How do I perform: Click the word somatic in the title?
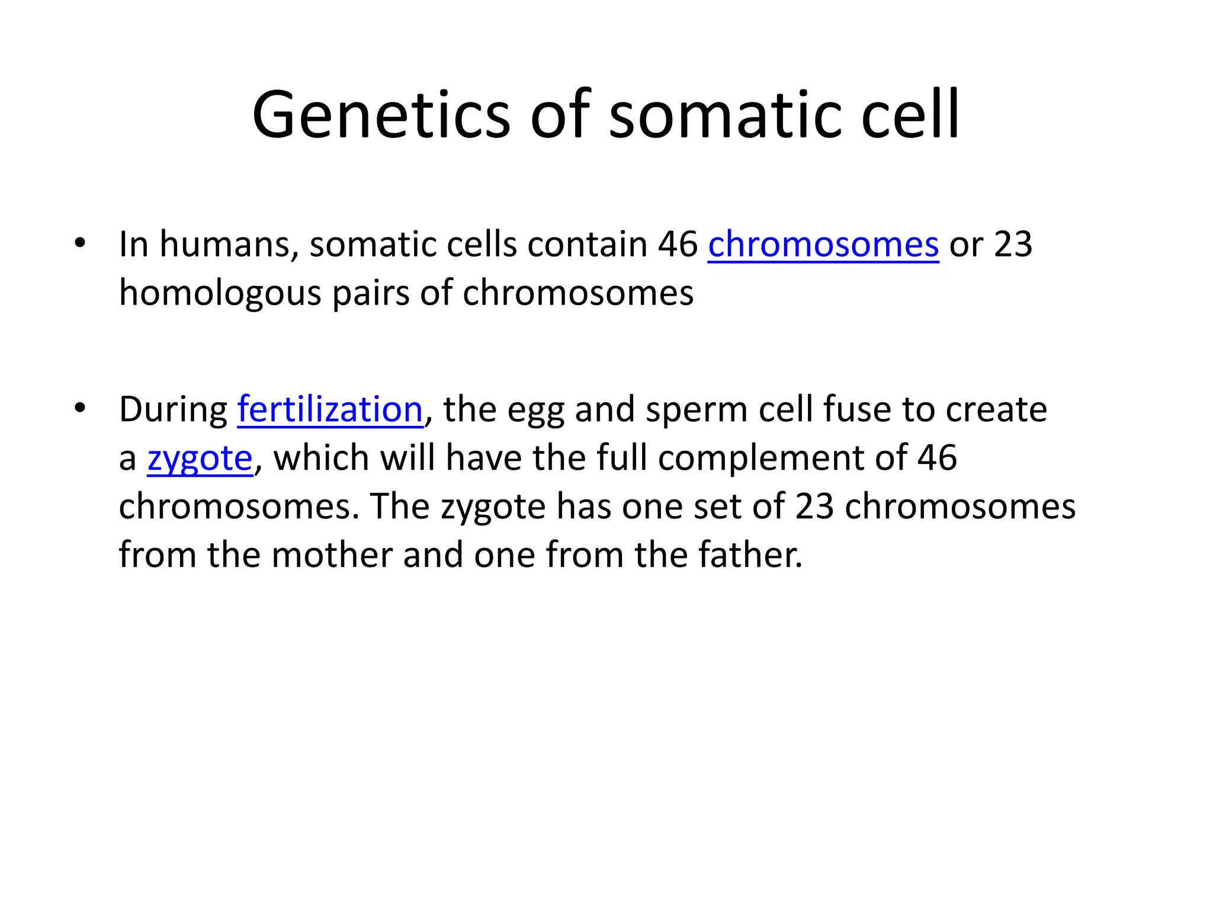click(726, 115)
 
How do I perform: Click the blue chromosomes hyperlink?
click(823, 244)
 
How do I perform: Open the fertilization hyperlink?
click(330, 409)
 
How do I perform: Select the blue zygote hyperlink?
click(200, 459)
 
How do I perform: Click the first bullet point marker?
click(80, 243)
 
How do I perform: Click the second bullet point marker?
click(80, 408)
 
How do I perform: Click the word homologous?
click(220, 293)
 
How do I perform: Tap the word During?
click(173, 409)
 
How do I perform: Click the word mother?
click(332, 555)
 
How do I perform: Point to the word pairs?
click(371, 293)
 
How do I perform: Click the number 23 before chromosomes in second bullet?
click(814, 507)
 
